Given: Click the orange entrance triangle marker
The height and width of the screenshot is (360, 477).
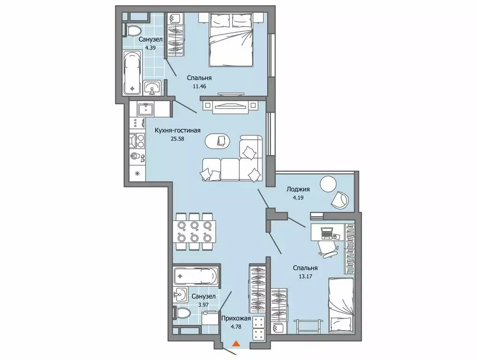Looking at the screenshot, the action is pos(236,344).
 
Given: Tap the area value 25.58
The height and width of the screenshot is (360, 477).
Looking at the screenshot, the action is pos(178,139).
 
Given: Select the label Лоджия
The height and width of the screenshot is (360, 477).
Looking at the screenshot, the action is pos(298,189).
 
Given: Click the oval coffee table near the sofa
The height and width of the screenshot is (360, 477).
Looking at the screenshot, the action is pos(218,141).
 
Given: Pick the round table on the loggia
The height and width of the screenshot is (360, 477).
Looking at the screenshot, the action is pos(328,183).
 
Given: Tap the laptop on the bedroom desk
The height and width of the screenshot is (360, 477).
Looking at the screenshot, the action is pos(326,233).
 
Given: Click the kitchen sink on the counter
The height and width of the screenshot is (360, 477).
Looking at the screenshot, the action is pos(146,109).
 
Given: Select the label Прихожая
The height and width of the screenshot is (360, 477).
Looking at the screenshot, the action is pos(236,318).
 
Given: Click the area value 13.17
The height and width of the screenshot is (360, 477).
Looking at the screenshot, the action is pos(306,277).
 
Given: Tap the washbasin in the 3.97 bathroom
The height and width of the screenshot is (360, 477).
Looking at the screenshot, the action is pos(181,295).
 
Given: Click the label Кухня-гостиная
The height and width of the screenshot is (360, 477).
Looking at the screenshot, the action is pos(178,130).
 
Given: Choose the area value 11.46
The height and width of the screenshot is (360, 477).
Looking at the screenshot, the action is pos(199,86).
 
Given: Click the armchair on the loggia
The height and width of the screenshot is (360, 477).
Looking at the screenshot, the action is pos(340,200).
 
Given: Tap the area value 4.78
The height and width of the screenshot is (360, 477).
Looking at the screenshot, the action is pos(236,327).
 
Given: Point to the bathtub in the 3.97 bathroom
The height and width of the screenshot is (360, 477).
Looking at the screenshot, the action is pos(195,276).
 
